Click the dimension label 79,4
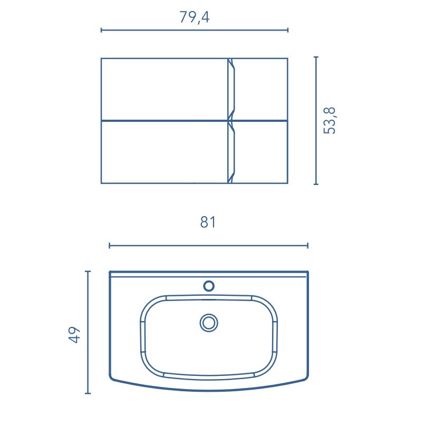pos(195,17)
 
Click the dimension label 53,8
pos(330,121)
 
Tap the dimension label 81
pos(208,222)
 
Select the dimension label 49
pos(74,335)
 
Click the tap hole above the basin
pos(209,286)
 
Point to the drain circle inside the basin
pos(209,323)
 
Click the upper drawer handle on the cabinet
pos(231,89)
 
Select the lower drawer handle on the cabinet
pos(231,152)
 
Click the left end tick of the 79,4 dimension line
pos(101,30)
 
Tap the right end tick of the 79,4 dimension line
pos(288,30)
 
